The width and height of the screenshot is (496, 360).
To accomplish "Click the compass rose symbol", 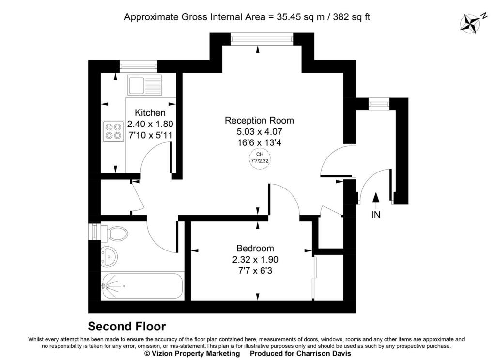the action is (470, 24).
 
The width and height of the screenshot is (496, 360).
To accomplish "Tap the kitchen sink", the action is (144, 85).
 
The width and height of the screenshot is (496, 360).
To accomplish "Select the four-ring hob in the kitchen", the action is (113, 131).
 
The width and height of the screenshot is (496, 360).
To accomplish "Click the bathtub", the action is (142, 286).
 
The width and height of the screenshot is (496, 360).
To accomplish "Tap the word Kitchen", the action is (150, 112).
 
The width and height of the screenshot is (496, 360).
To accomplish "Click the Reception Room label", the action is (260, 120).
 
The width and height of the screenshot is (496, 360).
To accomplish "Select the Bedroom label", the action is (255, 249).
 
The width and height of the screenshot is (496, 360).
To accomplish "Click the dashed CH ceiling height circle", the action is (260, 157).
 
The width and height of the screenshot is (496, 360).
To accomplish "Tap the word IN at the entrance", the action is (375, 215).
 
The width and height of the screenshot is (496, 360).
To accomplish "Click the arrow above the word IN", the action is (375, 201).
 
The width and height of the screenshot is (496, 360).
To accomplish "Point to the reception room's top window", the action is (261, 39).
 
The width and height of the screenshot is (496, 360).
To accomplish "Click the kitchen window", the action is (138, 66).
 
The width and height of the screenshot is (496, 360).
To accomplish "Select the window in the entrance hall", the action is (379, 104).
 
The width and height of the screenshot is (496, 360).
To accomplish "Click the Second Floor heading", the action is (127, 326).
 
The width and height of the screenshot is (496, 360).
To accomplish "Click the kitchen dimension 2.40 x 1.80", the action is (150, 124).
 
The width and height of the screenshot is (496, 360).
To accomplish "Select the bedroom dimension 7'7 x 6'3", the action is (255, 271).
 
